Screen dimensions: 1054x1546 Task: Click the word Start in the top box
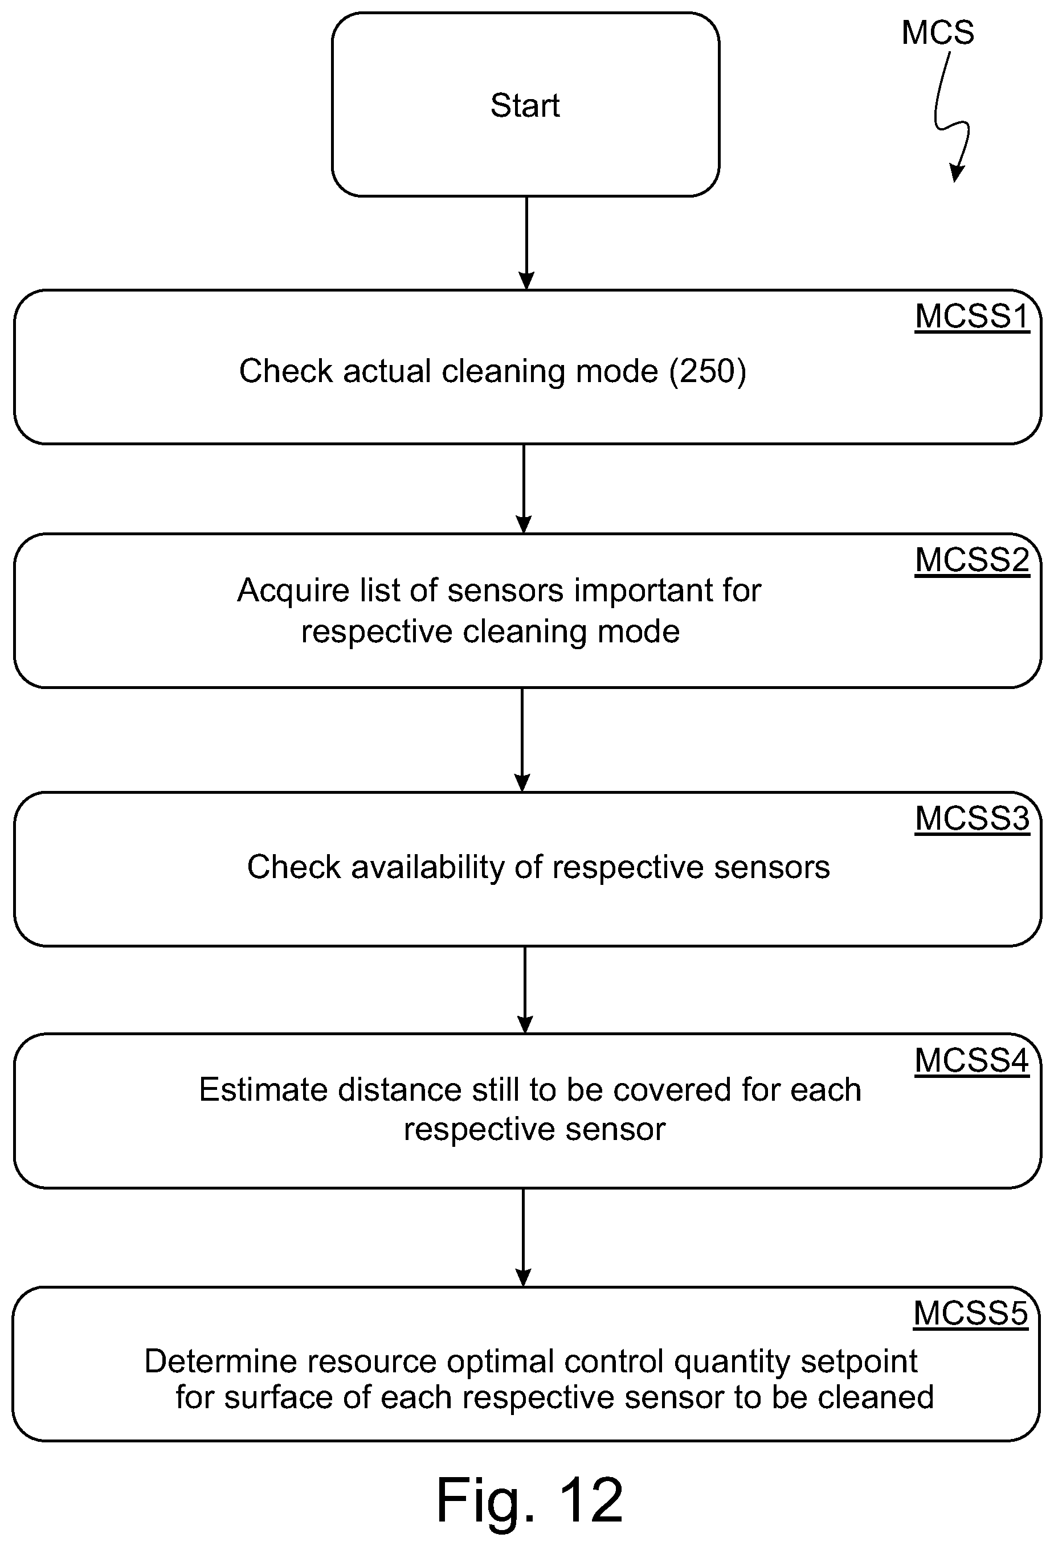525,105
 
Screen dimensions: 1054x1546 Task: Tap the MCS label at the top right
938,32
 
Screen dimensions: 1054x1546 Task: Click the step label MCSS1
972,317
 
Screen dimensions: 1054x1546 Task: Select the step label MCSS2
972,560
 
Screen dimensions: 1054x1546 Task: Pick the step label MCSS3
972,818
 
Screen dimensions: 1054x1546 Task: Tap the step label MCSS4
972,1060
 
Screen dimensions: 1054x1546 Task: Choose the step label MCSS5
971,1313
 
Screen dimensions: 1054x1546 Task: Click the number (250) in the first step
708,371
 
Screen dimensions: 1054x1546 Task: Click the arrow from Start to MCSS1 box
526,243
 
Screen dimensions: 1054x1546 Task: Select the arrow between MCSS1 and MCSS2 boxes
524,489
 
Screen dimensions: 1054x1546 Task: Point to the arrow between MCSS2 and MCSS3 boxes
522,740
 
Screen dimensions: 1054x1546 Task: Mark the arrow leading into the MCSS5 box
524,1237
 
